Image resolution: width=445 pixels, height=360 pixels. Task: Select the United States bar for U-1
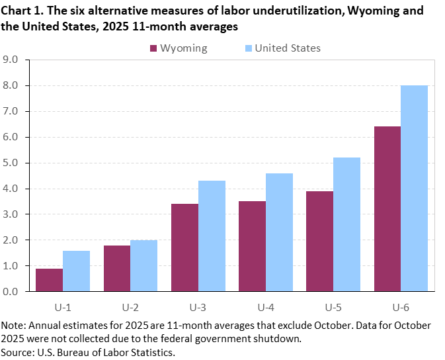76,271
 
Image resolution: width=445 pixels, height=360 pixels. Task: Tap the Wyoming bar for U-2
117,268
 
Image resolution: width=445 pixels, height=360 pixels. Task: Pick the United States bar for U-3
212,236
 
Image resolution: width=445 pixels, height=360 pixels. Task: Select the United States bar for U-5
347,224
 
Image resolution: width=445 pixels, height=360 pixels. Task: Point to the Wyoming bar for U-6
387,208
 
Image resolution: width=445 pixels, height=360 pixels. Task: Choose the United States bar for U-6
415,188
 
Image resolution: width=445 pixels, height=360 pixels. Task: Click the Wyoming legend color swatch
154,48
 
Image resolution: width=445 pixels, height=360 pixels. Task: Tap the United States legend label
287,48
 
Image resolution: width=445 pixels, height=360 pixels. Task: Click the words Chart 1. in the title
22,12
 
